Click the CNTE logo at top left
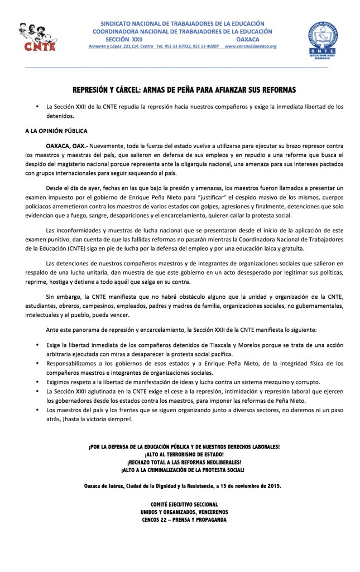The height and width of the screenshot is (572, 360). [x=37, y=37]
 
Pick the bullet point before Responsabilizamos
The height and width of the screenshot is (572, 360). [x=37, y=364]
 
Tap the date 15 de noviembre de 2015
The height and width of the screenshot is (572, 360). [x=247, y=485]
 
